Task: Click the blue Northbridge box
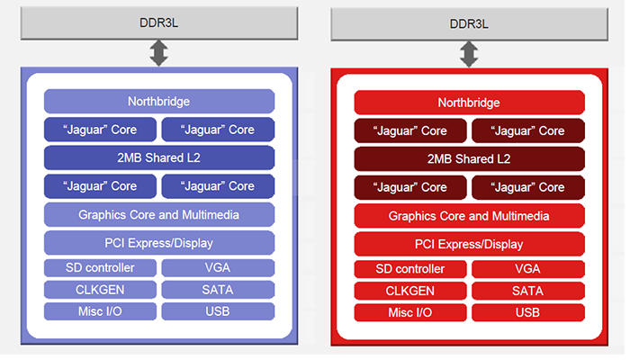(159, 101)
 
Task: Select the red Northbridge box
(469, 103)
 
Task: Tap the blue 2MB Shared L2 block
(159, 157)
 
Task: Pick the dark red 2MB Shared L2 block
(469, 158)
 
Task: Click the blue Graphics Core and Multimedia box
(159, 214)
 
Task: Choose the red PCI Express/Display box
(469, 244)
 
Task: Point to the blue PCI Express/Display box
(159, 243)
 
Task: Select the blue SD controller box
(100, 268)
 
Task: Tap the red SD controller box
(410, 269)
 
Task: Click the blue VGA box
(218, 268)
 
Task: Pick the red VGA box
(528, 269)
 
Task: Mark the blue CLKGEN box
(100, 290)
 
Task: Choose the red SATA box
(528, 291)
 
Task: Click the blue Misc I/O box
(100, 311)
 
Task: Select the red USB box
(528, 312)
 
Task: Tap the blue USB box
(218, 311)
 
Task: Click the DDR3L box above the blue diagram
(159, 22)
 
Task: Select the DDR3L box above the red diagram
(469, 24)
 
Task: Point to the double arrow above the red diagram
(469, 54)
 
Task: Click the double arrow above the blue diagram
(158, 53)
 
